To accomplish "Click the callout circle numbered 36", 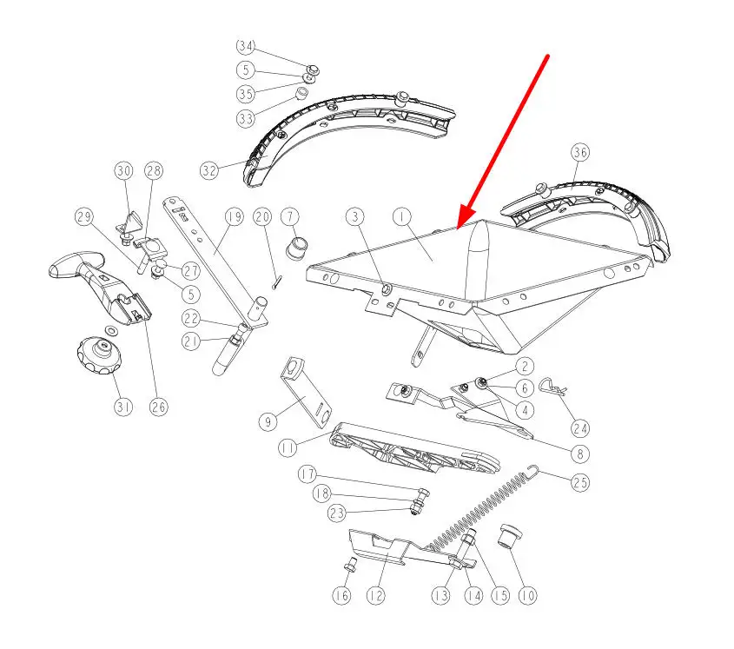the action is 580,153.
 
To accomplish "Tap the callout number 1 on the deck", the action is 402,217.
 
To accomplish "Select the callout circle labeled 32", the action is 209,170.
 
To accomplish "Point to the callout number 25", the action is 580,482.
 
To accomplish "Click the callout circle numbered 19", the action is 235,217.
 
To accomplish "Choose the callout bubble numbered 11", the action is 288,448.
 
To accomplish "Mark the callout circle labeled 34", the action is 245,46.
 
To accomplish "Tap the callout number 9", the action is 268,422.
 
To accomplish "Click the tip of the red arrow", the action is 458,229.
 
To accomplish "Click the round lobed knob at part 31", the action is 99,354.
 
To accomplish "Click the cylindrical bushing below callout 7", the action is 297,248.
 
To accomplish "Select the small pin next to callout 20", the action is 276,282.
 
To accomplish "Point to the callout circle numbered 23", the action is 336,513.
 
